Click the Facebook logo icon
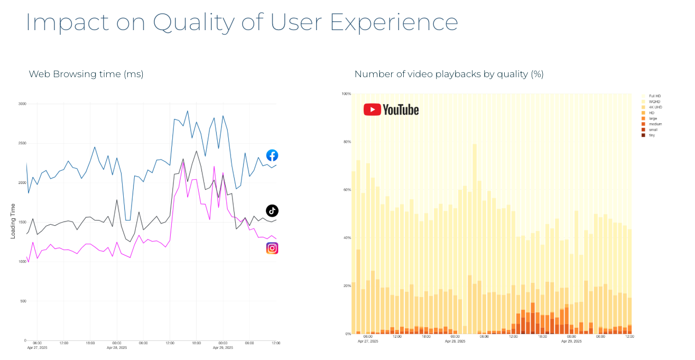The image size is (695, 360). coord(272,155)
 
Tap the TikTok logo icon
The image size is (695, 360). coord(272,210)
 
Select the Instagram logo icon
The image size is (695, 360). coord(272,248)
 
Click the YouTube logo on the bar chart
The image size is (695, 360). coord(391,109)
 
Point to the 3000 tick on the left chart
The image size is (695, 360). coord(22,104)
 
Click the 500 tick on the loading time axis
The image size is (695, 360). coord(23,301)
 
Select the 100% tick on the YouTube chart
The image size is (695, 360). coord(346,94)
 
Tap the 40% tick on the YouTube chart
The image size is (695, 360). coord(347,238)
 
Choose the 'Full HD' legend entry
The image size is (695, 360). coord(655,96)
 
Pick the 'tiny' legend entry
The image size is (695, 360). coord(652,135)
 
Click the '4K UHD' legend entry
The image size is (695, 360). coord(655,107)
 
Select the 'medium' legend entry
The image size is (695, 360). coord(655,124)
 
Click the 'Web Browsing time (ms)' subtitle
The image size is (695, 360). coord(86,74)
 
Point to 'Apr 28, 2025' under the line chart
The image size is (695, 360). coord(117,348)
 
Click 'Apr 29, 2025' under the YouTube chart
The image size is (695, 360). coord(571,341)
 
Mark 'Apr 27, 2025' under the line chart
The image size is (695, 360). coord(38,348)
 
